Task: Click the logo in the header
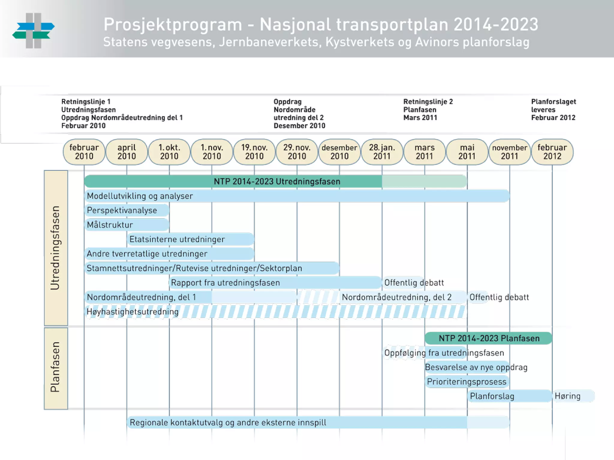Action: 34,31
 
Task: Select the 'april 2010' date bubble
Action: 127,152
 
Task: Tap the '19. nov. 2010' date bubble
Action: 254,152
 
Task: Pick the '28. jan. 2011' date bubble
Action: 382,152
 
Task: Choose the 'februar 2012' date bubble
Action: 552,152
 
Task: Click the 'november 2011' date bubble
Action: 510,152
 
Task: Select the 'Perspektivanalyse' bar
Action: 127,210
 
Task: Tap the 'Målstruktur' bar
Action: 127,225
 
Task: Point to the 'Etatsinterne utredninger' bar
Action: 191,239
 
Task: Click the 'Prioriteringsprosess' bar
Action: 467,382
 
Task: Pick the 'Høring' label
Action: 568,396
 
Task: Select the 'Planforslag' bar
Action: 509,396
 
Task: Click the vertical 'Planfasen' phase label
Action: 56,368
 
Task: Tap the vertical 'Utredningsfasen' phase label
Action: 56,248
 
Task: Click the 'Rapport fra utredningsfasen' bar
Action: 275,283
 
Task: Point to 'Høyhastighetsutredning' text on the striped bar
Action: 133,312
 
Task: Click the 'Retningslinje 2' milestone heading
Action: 428,102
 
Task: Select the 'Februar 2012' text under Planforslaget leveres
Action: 553,118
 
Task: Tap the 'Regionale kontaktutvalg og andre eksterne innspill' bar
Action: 318,423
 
